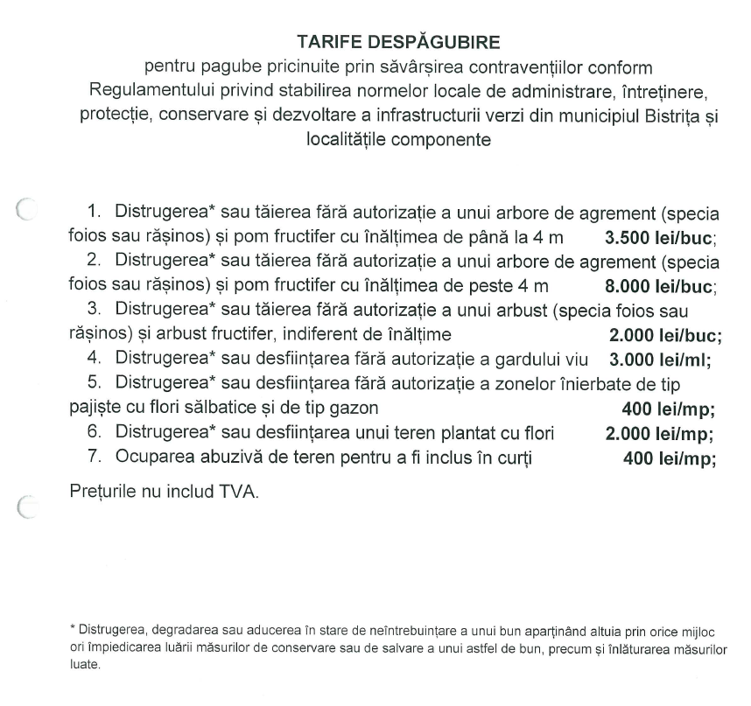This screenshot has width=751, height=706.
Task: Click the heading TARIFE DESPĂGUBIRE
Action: [x=375, y=43]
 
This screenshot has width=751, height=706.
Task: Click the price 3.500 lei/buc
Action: [x=661, y=237]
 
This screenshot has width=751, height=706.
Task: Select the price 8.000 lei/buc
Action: [x=661, y=285]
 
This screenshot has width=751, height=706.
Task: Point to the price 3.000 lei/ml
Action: [x=658, y=359]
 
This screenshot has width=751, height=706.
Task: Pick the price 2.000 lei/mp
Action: [x=659, y=433]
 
